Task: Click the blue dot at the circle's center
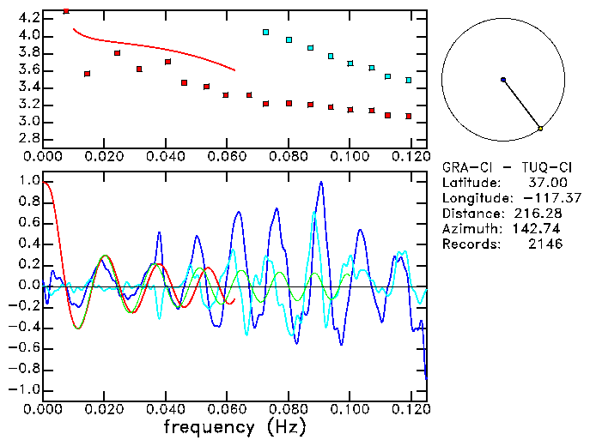pos(503,80)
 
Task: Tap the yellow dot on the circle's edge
pos(540,129)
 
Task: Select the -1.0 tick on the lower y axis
pos(25,389)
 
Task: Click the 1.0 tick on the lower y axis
pos(28,182)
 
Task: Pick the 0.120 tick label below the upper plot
pos(410,156)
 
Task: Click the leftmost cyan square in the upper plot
pos(266,33)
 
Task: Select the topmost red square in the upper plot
pos(67,11)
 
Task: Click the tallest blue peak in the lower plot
pos(321,182)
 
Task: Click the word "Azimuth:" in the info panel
pos(470,229)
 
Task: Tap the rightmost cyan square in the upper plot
pos(408,80)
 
